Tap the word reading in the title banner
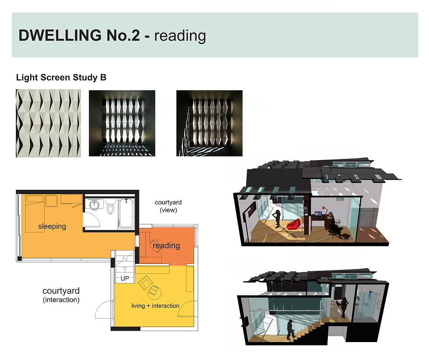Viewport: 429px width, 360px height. click(180, 35)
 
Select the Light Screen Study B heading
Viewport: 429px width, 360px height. click(61, 78)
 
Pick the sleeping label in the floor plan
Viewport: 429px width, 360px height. click(52, 227)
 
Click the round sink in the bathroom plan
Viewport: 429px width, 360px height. click(95, 205)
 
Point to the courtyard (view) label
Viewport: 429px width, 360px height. click(168, 206)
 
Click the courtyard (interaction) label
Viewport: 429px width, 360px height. click(61, 295)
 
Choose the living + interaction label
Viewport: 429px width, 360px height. click(155, 305)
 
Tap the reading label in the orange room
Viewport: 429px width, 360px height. click(166, 246)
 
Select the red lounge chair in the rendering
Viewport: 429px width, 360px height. click(294, 224)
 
